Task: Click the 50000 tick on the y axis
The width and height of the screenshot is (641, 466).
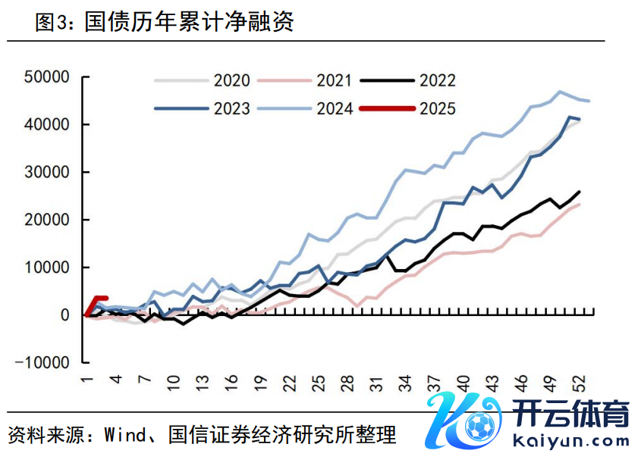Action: (47, 77)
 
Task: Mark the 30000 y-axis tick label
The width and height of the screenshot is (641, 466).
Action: (47, 172)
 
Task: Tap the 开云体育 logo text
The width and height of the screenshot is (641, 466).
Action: (572, 416)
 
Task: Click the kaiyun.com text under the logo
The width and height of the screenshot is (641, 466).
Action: (570, 440)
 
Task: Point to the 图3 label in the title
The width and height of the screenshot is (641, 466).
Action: (52, 22)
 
